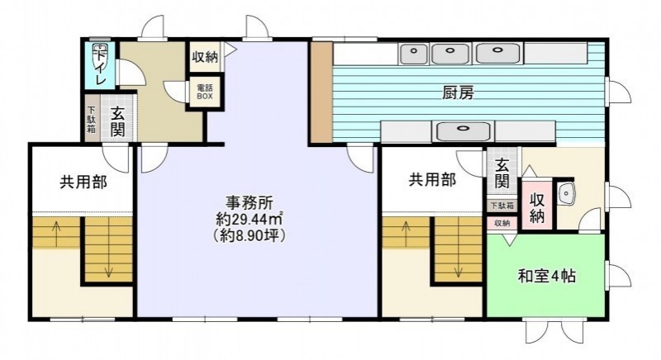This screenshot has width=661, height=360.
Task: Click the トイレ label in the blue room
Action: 100,66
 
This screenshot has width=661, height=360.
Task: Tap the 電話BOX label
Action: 205,92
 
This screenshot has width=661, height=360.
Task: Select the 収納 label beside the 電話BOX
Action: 205,56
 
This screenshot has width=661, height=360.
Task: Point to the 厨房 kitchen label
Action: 458,92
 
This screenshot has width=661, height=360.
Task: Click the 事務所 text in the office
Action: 250,202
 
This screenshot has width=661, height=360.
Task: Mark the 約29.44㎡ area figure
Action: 250,219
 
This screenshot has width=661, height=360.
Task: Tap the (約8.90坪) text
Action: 250,236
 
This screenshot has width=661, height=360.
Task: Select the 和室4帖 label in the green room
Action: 547,277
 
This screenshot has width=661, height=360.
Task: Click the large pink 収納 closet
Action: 536,205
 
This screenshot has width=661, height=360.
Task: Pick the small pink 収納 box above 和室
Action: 502,223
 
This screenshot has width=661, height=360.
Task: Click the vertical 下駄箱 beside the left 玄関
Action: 91,119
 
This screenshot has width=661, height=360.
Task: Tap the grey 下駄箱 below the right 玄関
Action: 502,206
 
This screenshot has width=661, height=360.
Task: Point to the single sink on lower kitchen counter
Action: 464,131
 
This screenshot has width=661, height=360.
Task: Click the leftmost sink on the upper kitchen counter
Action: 415,53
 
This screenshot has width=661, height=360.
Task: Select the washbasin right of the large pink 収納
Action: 566,194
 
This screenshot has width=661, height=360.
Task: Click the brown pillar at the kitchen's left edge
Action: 322,92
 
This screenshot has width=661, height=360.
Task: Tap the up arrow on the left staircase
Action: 55,234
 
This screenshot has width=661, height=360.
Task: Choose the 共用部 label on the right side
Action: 432,180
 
